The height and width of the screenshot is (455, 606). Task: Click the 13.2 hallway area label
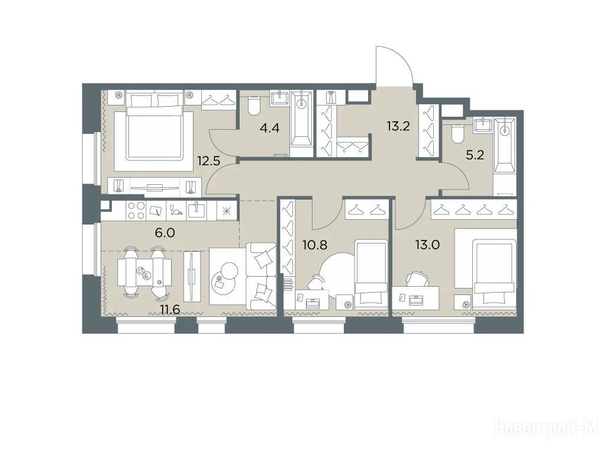click(x=398, y=126)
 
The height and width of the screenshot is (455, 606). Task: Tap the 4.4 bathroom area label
click(x=269, y=127)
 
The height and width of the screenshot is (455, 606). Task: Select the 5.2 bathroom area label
click(x=475, y=155)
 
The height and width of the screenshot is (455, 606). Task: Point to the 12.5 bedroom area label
click(x=209, y=161)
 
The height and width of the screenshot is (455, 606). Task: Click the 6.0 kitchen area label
click(x=166, y=233)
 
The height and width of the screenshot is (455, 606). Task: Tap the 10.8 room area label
click(x=315, y=245)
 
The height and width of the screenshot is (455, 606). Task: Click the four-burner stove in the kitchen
click(x=136, y=211)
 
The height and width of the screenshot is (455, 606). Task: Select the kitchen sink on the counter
click(x=196, y=210)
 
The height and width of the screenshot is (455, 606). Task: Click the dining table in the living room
click(x=144, y=271)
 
